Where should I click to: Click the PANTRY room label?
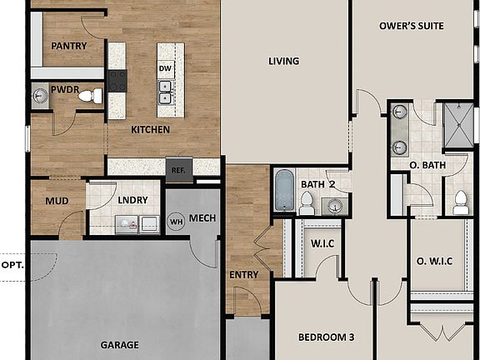(x=68, y=46)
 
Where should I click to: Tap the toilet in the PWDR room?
(x=88, y=97)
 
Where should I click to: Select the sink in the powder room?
(x=40, y=97)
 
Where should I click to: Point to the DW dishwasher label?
(x=165, y=68)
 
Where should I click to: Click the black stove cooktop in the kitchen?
(x=117, y=81)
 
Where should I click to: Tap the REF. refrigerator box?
(x=178, y=169)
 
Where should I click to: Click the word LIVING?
(x=283, y=61)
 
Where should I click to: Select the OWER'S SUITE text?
(x=411, y=26)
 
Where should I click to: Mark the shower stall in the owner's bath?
(x=456, y=124)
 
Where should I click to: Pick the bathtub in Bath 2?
(x=284, y=190)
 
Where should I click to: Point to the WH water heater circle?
(x=176, y=222)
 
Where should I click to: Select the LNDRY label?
(x=132, y=201)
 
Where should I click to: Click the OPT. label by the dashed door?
(x=12, y=265)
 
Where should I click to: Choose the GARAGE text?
(x=120, y=344)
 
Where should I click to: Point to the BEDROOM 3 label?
(x=327, y=337)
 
